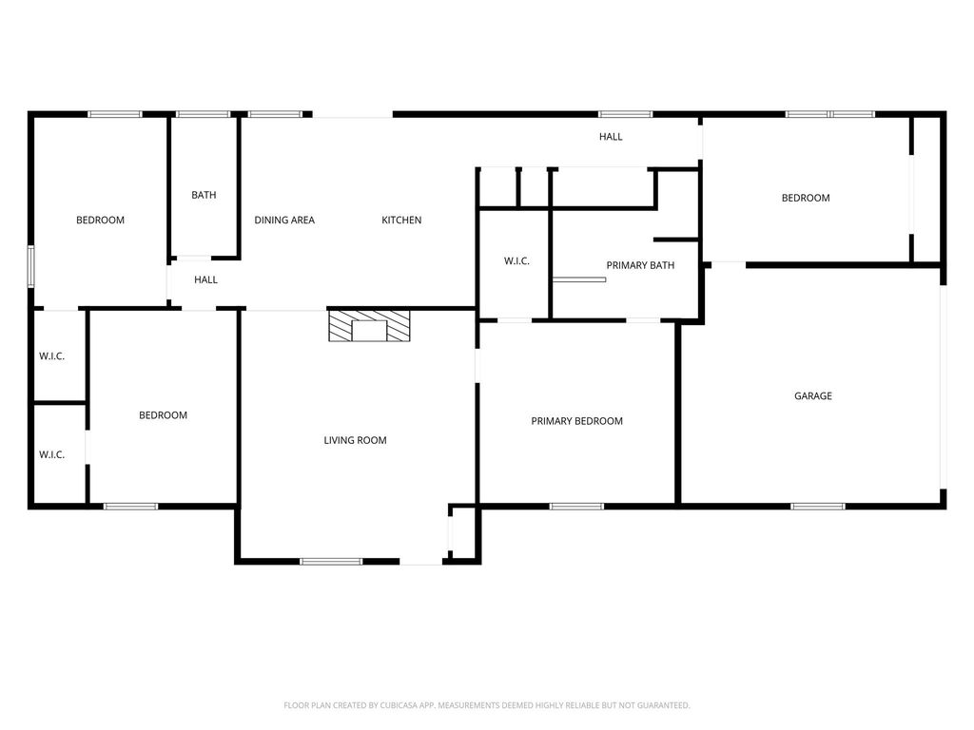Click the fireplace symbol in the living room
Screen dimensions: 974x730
tap(369, 326)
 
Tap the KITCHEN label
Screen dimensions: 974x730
tap(401, 220)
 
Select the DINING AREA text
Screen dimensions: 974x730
tap(284, 220)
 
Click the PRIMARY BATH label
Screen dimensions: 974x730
tap(640, 265)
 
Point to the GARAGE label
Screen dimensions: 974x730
tap(813, 395)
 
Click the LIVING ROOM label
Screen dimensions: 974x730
tap(356, 440)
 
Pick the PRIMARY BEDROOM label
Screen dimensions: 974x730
tap(577, 421)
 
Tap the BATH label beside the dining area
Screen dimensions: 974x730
tap(204, 195)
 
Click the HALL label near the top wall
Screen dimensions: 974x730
tap(611, 137)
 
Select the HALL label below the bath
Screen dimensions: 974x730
tap(205, 279)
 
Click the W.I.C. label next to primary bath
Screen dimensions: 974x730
tap(516, 260)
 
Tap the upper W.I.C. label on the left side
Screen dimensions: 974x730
tap(51, 355)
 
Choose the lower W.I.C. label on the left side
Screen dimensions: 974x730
tap(51, 454)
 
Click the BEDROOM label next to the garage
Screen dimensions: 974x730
tap(806, 198)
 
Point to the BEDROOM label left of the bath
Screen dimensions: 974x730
tap(100, 220)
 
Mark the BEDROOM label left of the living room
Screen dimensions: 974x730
tap(163, 414)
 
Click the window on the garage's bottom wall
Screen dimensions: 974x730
tap(818, 507)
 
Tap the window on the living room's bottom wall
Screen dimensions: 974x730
tap(331, 562)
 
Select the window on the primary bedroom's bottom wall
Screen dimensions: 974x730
tap(576, 507)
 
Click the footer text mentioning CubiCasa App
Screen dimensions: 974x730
tap(487, 705)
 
